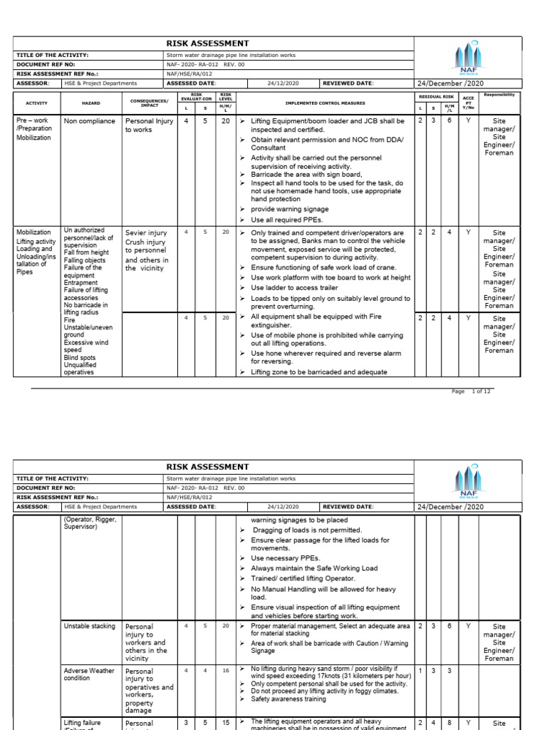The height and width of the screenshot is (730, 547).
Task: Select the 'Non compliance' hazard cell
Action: click(x=89, y=121)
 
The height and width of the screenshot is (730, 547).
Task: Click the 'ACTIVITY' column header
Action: click(x=37, y=103)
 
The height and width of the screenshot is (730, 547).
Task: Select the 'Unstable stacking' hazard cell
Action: click(x=89, y=626)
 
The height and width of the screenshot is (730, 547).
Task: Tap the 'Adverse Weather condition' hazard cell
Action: click(x=88, y=674)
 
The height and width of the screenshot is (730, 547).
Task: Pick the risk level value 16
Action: click(x=226, y=671)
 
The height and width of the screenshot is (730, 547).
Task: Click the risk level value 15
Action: click(x=226, y=722)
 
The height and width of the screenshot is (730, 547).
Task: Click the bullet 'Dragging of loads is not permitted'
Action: click(x=307, y=530)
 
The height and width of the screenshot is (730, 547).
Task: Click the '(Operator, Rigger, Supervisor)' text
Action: click(x=90, y=528)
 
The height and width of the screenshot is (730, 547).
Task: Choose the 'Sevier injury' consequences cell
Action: click(x=145, y=232)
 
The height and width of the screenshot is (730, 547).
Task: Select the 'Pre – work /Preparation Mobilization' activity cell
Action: click(x=34, y=129)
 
